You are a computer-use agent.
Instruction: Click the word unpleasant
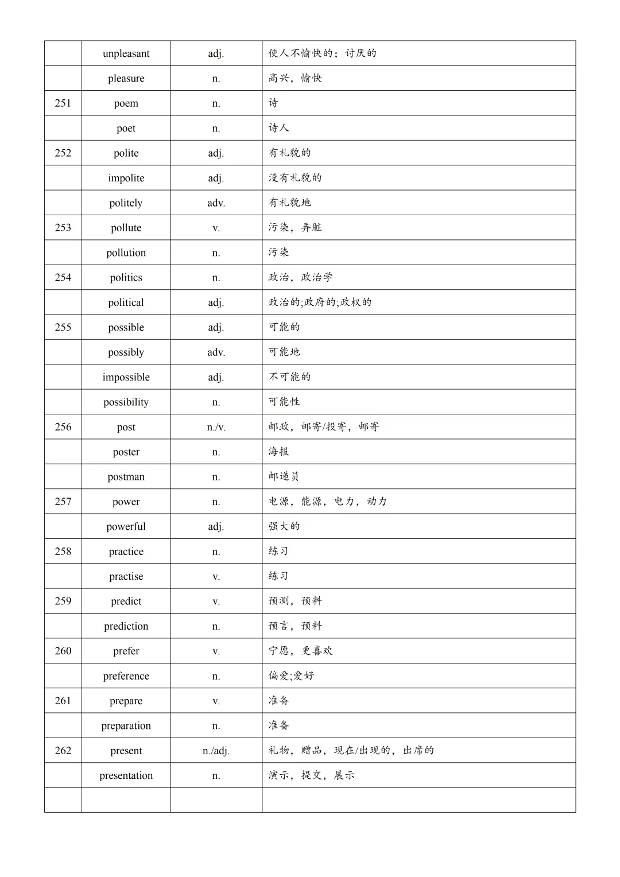(x=126, y=53)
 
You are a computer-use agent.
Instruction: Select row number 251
(x=63, y=103)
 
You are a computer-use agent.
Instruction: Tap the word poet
(x=126, y=129)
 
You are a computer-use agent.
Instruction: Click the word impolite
(x=126, y=178)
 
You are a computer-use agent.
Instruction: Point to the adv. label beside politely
(x=216, y=203)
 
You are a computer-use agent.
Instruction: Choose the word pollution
(x=126, y=253)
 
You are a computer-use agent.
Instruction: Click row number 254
(x=63, y=278)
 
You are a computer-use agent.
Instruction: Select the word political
(x=126, y=302)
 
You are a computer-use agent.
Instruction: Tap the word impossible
(x=126, y=377)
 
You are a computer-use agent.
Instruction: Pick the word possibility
(x=126, y=402)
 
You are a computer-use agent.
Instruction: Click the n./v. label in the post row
(x=216, y=427)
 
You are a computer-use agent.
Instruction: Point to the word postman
(x=126, y=477)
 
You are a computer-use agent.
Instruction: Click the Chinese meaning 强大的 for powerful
(x=284, y=526)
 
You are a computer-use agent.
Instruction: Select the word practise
(x=126, y=576)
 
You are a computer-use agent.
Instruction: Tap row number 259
(x=63, y=601)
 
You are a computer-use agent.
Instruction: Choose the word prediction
(x=126, y=626)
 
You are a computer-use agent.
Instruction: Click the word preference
(x=126, y=676)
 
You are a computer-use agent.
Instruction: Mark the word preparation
(x=126, y=725)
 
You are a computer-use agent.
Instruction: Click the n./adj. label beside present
(x=216, y=751)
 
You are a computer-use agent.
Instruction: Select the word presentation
(x=126, y=775)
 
